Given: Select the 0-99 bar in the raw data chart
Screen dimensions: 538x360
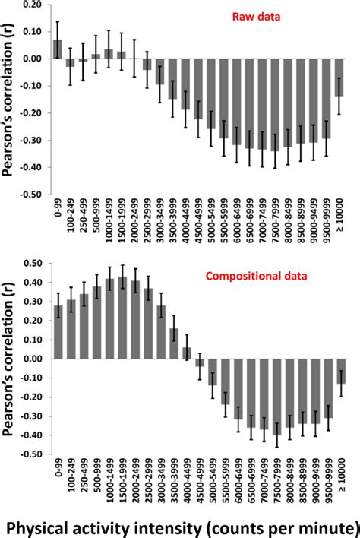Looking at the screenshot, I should pyautogui.click(x=58, y=49).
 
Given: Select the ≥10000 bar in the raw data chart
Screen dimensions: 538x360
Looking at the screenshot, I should pyautogui.click(x=339, y=77).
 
